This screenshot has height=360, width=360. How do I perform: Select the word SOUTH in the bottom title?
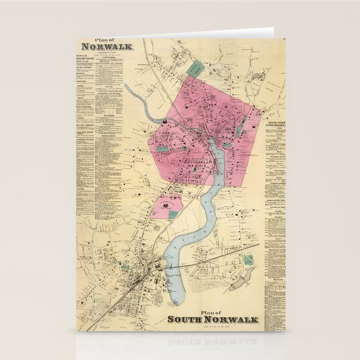pyautogui.click(x=189, y=319)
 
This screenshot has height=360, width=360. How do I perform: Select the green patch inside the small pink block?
pyautogui.click(x=173, y=214)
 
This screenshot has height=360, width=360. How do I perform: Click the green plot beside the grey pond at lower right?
pyautogui.click(x=248, y=260)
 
